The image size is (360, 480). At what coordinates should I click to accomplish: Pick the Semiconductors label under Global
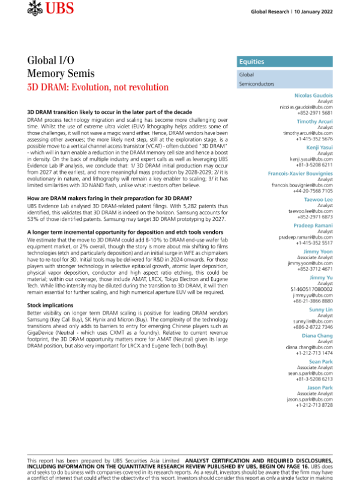257,85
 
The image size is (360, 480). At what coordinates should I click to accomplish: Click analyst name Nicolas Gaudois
314,96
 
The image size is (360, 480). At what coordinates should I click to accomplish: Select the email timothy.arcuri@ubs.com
308,133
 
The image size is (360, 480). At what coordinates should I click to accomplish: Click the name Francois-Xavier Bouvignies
300,173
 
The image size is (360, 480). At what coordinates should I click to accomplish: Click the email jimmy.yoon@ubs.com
310,263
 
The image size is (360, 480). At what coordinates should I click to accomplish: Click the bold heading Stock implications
51,305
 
